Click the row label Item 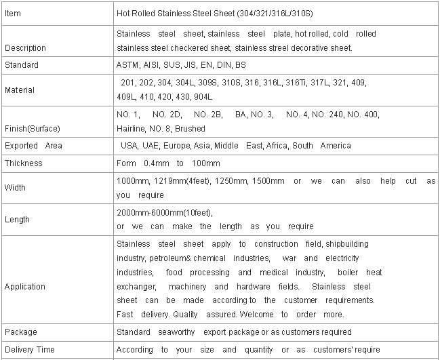click(13, 14)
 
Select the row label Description click(25, 48)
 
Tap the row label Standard click(21, 65)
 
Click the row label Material click(19, 90)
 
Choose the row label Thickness click(23, 163)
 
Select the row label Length click(16, 220)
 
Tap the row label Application click(24, 287)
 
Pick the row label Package click(20, 332)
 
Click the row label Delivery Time click(28, 350)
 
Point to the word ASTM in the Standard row click(127, 65)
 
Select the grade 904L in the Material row click(203, 97)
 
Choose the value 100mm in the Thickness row click(207, 163)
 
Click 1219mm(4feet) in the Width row click(178, 181)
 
